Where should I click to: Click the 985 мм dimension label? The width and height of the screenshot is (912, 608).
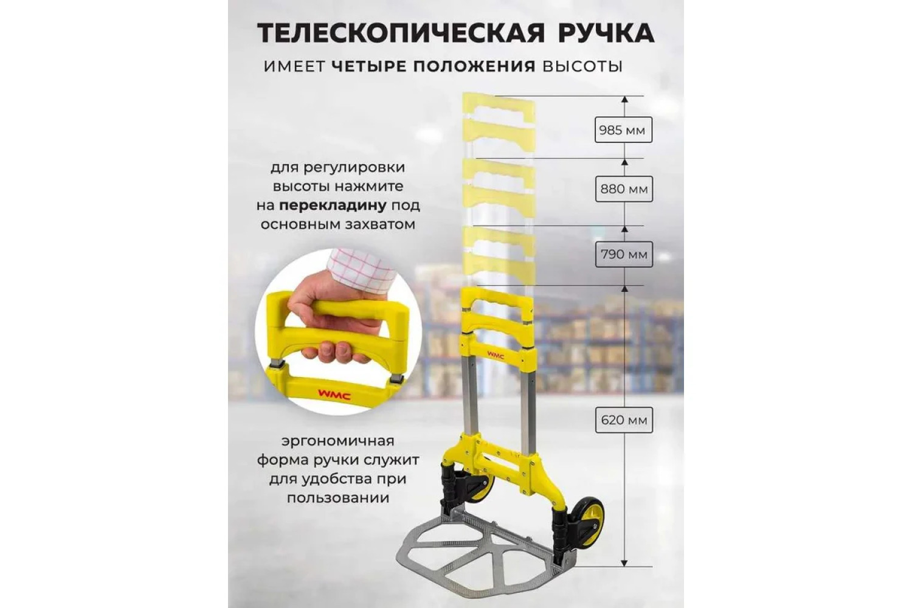coord(623,130)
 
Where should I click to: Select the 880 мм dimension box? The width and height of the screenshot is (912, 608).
coord(624,189)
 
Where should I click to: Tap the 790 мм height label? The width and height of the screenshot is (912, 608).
coord(624,254)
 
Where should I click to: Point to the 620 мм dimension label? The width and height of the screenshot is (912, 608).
coord(624,420)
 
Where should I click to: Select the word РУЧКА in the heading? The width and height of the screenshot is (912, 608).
coord(606,33)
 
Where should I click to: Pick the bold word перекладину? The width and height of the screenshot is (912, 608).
coord(333,206)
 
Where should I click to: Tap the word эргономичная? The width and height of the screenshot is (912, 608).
coord(338,441)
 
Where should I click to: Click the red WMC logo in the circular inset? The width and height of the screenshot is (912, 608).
coord(334,395)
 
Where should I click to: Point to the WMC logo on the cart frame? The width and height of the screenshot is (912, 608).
coord(496,356)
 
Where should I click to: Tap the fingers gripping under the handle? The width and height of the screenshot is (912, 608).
coord(338,353)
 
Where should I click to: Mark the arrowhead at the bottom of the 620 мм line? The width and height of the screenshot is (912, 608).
coord(624,563)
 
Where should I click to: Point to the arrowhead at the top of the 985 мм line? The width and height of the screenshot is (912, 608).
coord(624,99)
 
